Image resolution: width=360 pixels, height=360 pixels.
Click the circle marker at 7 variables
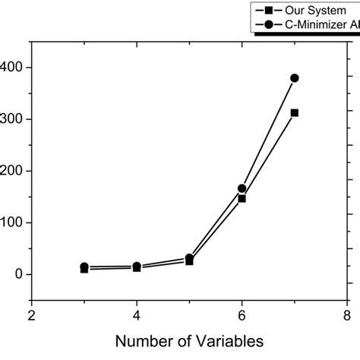tap(295, 77)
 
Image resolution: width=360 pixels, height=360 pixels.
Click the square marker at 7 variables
tap(295, 112)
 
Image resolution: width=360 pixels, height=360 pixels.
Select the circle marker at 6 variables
tap(242, 188)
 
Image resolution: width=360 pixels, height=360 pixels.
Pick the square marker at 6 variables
tap(242, 198)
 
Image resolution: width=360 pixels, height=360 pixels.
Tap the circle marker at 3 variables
tap(84, 267)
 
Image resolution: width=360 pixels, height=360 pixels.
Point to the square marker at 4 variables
tap(137, 268)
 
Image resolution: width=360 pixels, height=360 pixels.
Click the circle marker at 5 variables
tap(189, 258)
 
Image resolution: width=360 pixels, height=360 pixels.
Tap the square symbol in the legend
tap(268, 11)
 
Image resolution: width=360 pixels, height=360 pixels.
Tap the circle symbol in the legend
tap(268, 24)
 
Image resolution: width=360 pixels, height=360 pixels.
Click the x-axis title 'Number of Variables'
tap(189, 343)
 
